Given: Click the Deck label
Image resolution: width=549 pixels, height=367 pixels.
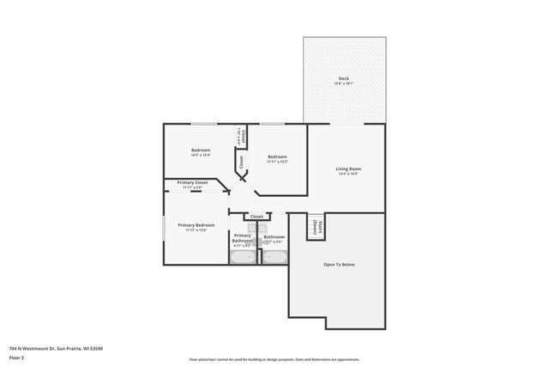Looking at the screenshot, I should pos(343,79).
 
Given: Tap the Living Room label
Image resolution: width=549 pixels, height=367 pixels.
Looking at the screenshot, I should pos(348,168).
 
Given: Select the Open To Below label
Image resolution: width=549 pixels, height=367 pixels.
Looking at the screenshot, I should pos(339,264).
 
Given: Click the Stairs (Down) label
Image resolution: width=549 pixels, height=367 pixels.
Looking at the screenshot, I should pos(316,227).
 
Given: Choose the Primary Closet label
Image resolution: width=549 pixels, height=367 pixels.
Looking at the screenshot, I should pos(192,182).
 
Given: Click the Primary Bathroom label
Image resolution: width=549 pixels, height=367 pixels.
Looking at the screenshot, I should pos(242,238).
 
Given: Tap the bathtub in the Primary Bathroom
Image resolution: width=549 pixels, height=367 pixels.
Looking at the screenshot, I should pos(244,257).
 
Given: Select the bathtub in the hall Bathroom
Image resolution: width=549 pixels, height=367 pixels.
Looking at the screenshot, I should pos(274,257).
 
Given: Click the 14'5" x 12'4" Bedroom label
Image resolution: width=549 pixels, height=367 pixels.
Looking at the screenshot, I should pos(201,150).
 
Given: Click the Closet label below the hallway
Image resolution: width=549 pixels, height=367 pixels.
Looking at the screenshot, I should pos(256,217).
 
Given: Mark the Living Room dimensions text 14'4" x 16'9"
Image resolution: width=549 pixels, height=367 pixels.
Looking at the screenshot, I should pos(348,174).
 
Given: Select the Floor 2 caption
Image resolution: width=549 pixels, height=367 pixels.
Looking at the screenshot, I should pos(17,358).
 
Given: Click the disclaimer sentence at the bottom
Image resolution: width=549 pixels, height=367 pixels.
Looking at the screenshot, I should pos(274,358).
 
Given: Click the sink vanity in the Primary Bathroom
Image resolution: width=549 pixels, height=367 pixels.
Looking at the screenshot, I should pos(240,227).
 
